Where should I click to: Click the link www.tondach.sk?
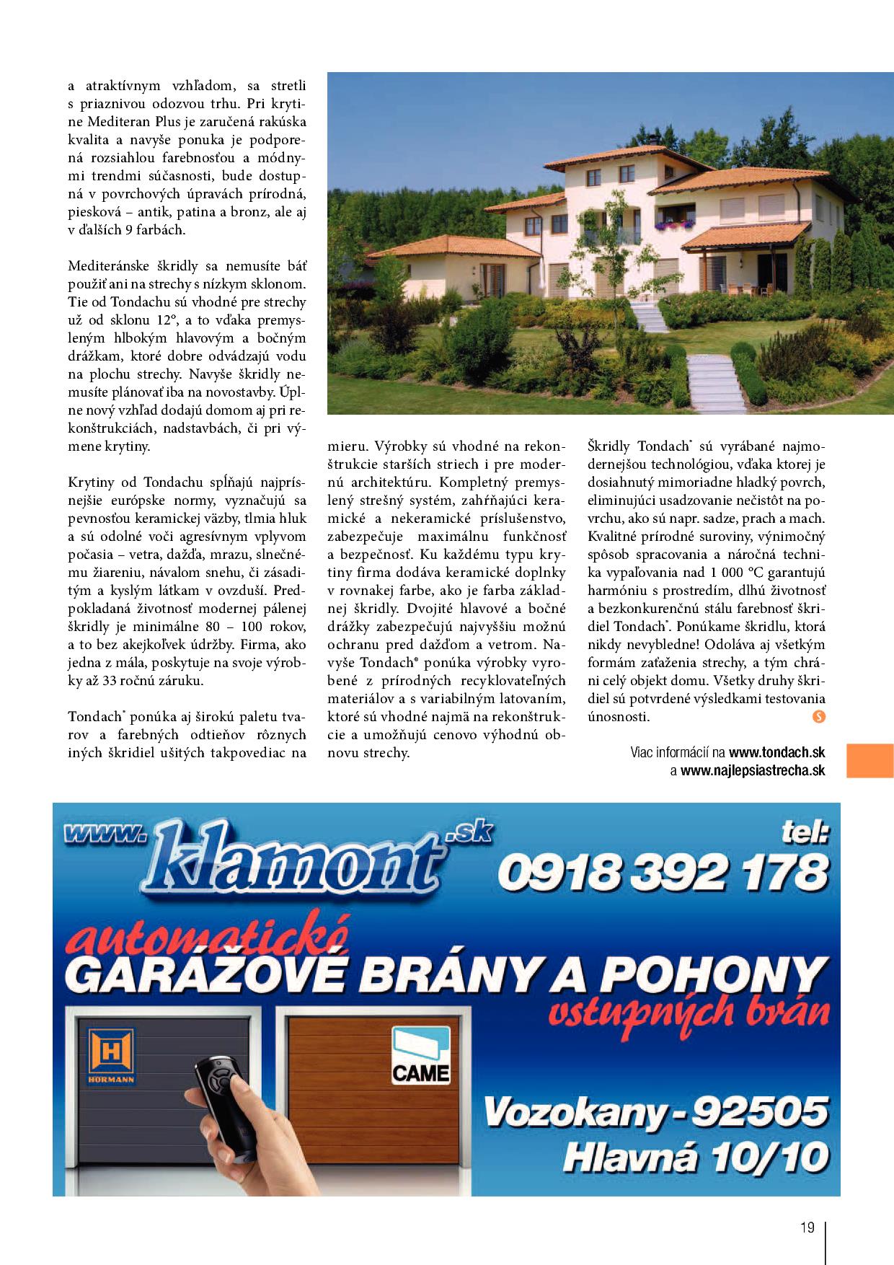tap(776, 752)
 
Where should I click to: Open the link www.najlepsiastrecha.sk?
tap(752, 770)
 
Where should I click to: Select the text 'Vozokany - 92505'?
tap(655, 1131)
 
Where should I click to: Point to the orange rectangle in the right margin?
tap(869, 761)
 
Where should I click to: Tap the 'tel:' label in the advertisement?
tap(805, 834)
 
